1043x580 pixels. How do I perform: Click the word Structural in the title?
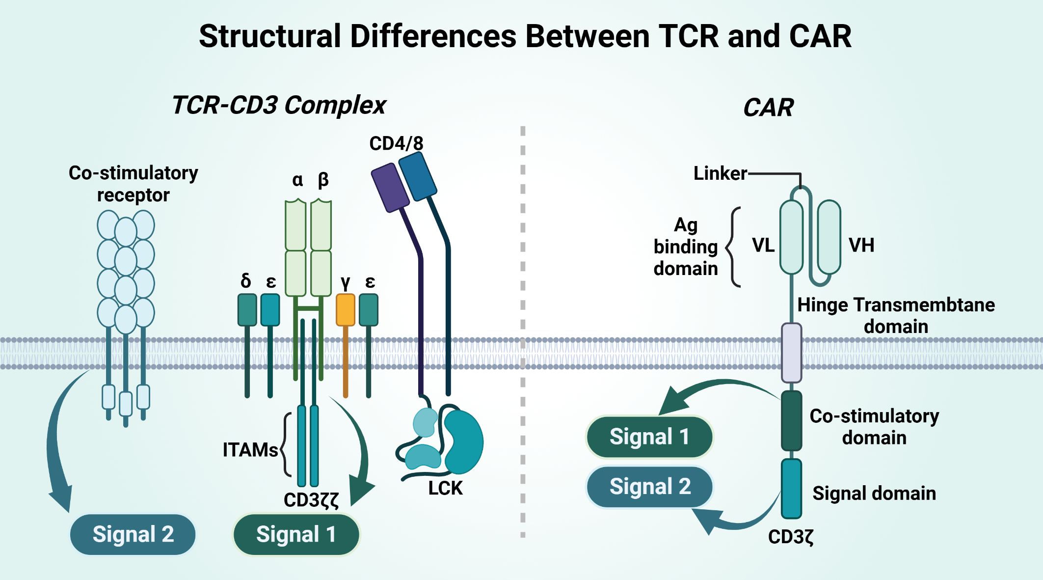[269, 36]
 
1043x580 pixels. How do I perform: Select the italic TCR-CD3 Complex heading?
[279, 105]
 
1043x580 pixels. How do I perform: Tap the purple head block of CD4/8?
[390, 188]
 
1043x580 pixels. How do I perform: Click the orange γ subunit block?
[346, 310]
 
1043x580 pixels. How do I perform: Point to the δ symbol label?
[246, 280]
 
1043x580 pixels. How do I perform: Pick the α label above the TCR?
[297, 180]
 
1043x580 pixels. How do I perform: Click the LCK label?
[445, 488]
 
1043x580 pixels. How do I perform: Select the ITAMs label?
[250, 450]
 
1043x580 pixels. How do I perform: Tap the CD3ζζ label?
[311, 500]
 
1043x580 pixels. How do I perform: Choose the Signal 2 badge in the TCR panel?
[133, 534]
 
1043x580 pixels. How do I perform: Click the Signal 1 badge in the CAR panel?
[649, 437]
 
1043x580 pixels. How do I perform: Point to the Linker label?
[720, 173]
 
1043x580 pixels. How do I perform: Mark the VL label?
[763, 245]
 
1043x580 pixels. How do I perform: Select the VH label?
[861, 245]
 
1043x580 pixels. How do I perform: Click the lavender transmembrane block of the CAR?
[791, 353]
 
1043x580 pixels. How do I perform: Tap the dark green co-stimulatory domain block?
[791, 420]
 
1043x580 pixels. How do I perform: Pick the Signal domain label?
[874, 493]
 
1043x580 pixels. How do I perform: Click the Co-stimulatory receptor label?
[134, 184]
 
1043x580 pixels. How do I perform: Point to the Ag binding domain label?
[686, 247]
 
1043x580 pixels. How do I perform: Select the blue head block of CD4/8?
[418, 176]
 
